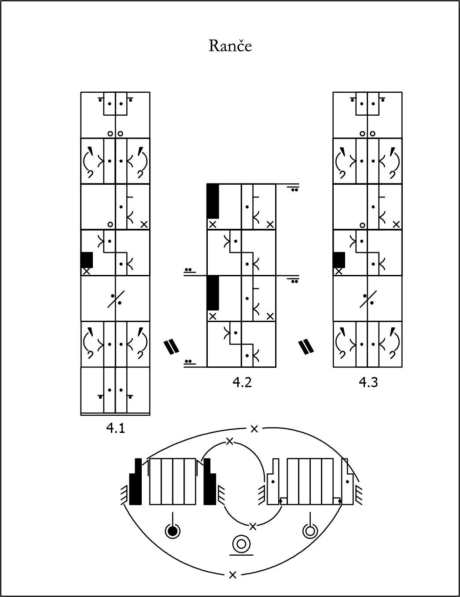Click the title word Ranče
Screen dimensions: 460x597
[x=230, y=46]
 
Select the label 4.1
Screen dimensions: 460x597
[x=116, y=428]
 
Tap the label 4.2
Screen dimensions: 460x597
[x=242, y=382]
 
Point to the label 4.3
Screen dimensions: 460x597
[x=368, y=382]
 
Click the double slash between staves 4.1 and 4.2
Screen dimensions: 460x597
[x=172, y=346]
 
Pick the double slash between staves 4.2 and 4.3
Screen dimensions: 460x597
[x=306, y=347]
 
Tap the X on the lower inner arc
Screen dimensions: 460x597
[x=253, y=527]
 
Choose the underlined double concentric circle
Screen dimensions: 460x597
[x=241, y=545]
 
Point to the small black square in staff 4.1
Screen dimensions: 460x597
[x=87, y=260]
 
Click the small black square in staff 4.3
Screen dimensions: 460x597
[x=339, y=260]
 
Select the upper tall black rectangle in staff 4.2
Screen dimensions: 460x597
[x=213, y=201]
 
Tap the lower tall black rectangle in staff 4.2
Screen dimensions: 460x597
[x=213, y=293]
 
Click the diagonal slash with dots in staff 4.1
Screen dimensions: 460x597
[x=116, y=299]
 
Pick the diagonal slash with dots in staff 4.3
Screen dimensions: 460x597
[x=368, y=299]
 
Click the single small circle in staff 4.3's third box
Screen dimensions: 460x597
[x=362, y=225]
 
